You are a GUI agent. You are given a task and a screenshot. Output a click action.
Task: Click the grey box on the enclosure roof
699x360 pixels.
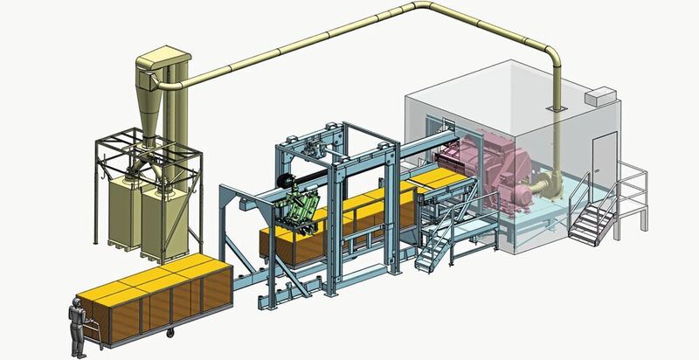click(599, 95)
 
